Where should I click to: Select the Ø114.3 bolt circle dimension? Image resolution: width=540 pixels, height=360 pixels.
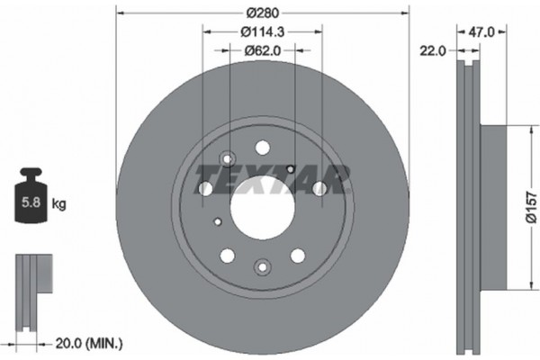(263, 32)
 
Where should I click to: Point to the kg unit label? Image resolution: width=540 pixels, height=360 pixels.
(58, 204)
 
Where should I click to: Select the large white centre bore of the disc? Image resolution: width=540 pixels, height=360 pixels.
(263, 209)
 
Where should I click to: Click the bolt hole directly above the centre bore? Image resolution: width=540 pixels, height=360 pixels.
(263, 148)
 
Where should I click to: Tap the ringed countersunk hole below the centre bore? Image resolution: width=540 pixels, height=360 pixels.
(263, 266)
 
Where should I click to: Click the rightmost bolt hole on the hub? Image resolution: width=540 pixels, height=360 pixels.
(319, 188)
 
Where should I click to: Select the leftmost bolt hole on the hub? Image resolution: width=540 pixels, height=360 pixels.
(205, 188)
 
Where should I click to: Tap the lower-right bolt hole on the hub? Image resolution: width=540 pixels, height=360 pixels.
(299, 255)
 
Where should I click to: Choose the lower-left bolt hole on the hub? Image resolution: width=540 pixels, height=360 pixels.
(227, 255)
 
